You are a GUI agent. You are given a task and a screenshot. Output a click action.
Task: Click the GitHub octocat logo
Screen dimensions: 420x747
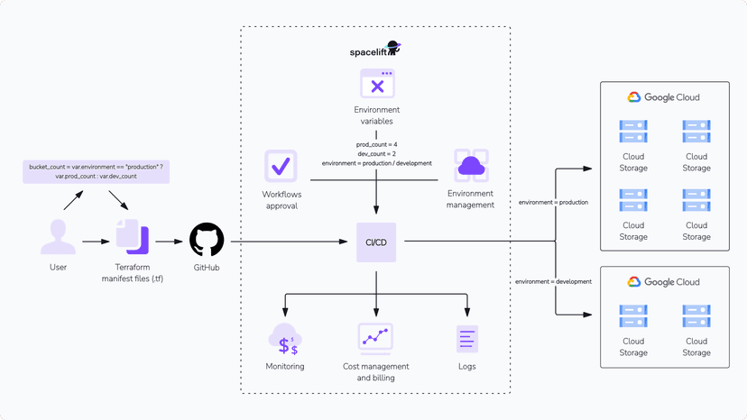206,241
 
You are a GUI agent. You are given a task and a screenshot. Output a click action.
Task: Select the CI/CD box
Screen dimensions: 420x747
376,242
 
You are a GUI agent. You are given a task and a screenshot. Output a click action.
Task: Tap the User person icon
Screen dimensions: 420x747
58,237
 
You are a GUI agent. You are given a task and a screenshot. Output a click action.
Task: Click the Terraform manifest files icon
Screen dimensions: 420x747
132,237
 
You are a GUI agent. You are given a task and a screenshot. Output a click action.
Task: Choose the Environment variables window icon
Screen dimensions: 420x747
377,84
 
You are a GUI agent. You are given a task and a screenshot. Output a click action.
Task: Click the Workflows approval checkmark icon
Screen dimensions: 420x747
281,167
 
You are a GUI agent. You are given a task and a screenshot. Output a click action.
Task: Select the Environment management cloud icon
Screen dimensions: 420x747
471,167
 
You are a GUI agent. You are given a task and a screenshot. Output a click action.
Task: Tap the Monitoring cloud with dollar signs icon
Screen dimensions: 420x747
285,338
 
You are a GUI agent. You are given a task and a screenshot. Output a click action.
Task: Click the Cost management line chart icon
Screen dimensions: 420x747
376,338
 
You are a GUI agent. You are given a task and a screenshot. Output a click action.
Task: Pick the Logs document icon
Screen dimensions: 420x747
466,338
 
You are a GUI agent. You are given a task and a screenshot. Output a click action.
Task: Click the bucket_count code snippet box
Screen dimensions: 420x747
97,171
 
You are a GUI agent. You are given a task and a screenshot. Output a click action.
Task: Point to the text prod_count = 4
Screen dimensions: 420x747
377,144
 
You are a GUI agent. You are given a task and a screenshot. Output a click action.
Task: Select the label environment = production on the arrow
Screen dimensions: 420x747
553,203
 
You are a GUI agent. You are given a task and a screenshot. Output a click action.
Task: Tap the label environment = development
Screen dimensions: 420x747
553,281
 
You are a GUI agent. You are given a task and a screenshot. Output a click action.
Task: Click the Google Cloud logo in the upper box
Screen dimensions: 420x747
664,97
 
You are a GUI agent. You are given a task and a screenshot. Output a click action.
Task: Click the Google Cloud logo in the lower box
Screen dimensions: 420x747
664,282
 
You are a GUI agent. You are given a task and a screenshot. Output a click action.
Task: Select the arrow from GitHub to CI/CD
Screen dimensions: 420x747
289,242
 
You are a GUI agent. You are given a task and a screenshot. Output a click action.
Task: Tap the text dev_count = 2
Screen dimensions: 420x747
377,153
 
